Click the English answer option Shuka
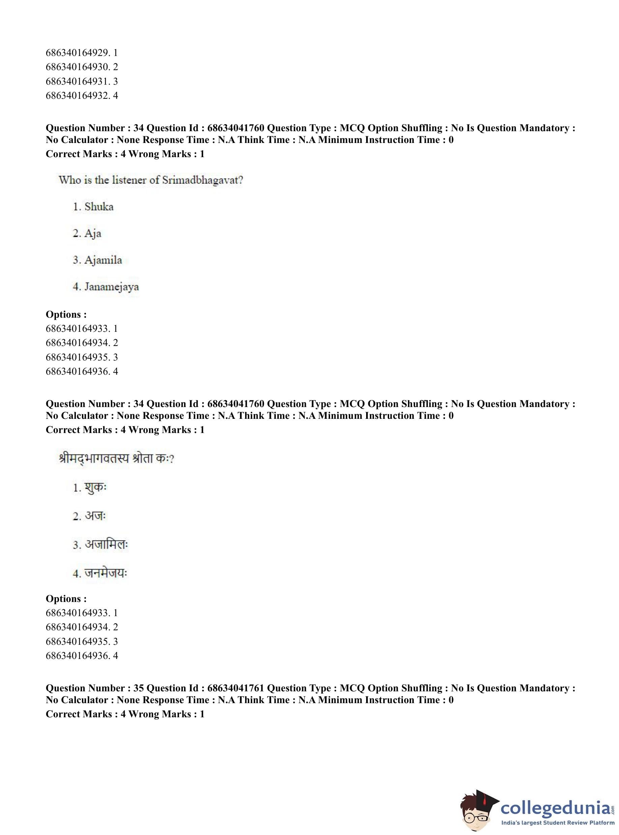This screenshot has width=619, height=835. [98, 207]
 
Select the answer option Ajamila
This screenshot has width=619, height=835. [103, 260]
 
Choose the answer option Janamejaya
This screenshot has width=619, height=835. [111, 287]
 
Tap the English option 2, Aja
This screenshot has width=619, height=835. [93, 233]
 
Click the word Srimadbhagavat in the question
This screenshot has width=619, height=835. [202, 180]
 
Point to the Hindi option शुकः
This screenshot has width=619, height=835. [95, 488]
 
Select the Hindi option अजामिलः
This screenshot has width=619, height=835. [107, 545]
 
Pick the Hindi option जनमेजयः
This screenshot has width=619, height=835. [106, 573]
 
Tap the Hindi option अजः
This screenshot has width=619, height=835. [95, 516]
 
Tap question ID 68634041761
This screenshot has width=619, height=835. [236, 688]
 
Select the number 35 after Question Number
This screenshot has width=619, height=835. [139, 688]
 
